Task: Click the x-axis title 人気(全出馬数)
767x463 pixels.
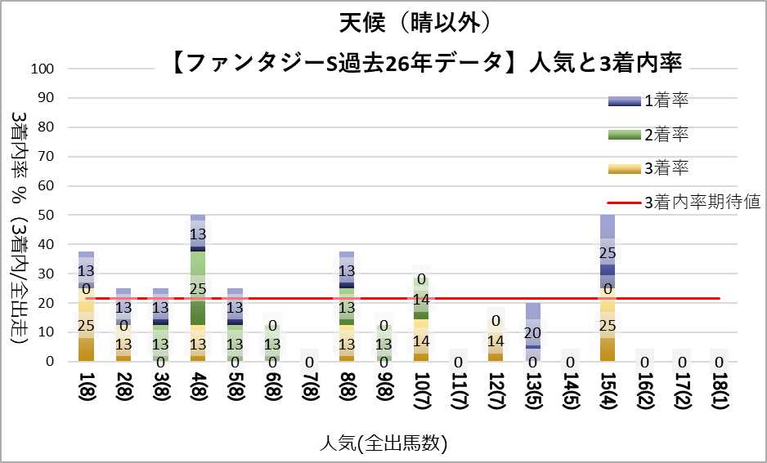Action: [x=383, y=443]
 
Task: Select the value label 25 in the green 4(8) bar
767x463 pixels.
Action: [x=198, y=289]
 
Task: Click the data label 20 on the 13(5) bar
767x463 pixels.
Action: [x=533, y=333]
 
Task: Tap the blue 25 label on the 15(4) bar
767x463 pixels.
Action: [x=608, y=253]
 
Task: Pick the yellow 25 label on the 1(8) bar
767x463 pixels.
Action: [x=86, y=327]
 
